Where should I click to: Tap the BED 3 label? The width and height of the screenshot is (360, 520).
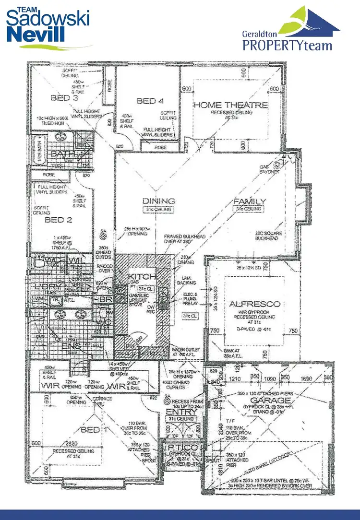[x=64, y=98]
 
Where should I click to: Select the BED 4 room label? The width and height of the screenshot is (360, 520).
[x=150, y=101]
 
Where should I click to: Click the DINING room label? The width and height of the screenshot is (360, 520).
[x=158, y=201]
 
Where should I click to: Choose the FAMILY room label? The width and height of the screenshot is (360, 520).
[x=250, y=201]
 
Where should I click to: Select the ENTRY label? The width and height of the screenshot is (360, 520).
[x=181, y=412]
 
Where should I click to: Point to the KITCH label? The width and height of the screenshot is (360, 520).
[x=141, y=277]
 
